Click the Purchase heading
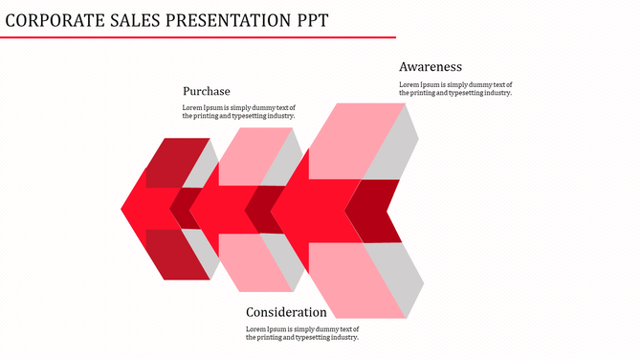pos(207,91)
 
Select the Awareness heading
pos(431,67)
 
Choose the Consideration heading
pos(286,312)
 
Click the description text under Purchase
pos(239,112)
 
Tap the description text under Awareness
pos(455,89)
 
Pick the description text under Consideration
pos(302,333)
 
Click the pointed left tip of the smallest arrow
pos(124,206)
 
